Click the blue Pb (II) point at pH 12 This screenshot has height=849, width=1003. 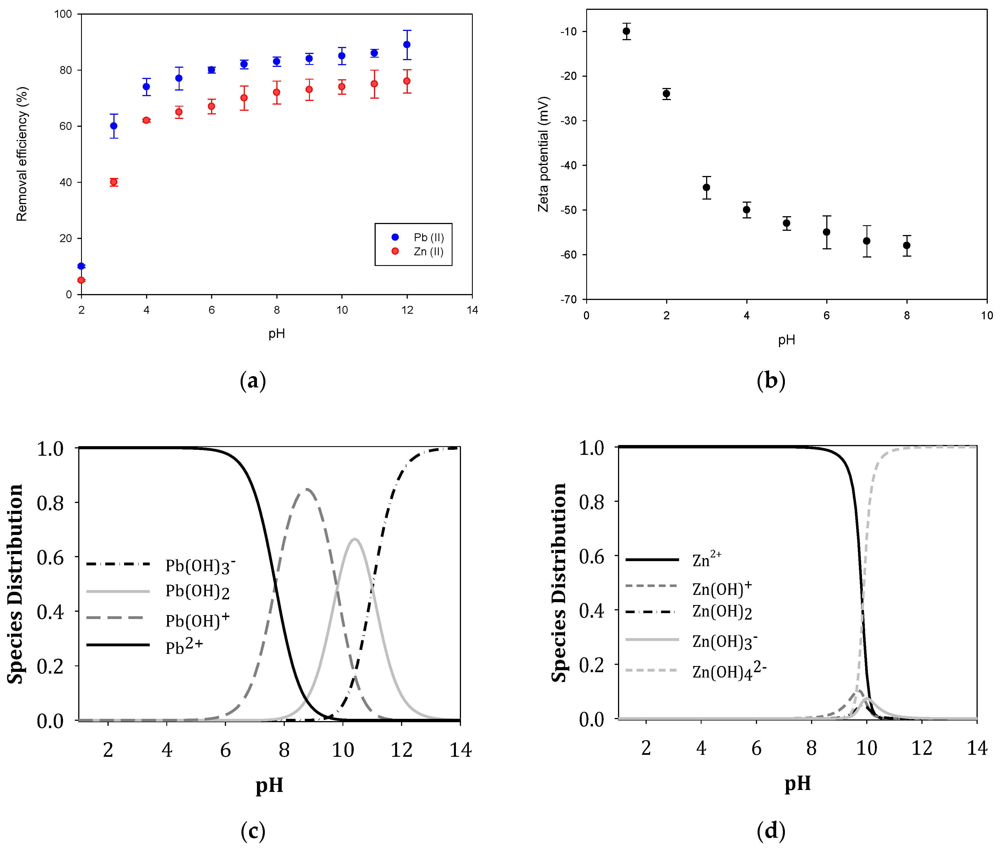407,44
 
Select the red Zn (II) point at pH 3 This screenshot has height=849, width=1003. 114,182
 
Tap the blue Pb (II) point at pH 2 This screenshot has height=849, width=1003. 81,266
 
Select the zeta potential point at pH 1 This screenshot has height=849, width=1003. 626,31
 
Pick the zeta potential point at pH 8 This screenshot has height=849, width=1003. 907,245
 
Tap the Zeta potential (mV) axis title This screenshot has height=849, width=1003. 543,154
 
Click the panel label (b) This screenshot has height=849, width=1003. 771,380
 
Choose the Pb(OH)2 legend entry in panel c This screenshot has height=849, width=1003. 198,591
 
